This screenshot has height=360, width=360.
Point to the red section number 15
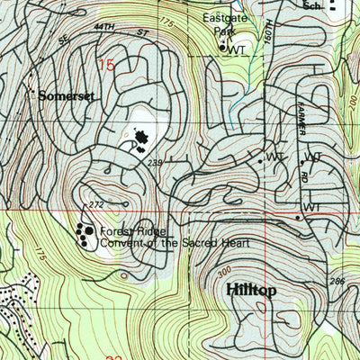pos(108,65)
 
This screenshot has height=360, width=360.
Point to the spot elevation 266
pos(338,282)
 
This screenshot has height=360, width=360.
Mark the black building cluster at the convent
pos(85,236)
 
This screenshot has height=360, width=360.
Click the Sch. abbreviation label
pos(311,5)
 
